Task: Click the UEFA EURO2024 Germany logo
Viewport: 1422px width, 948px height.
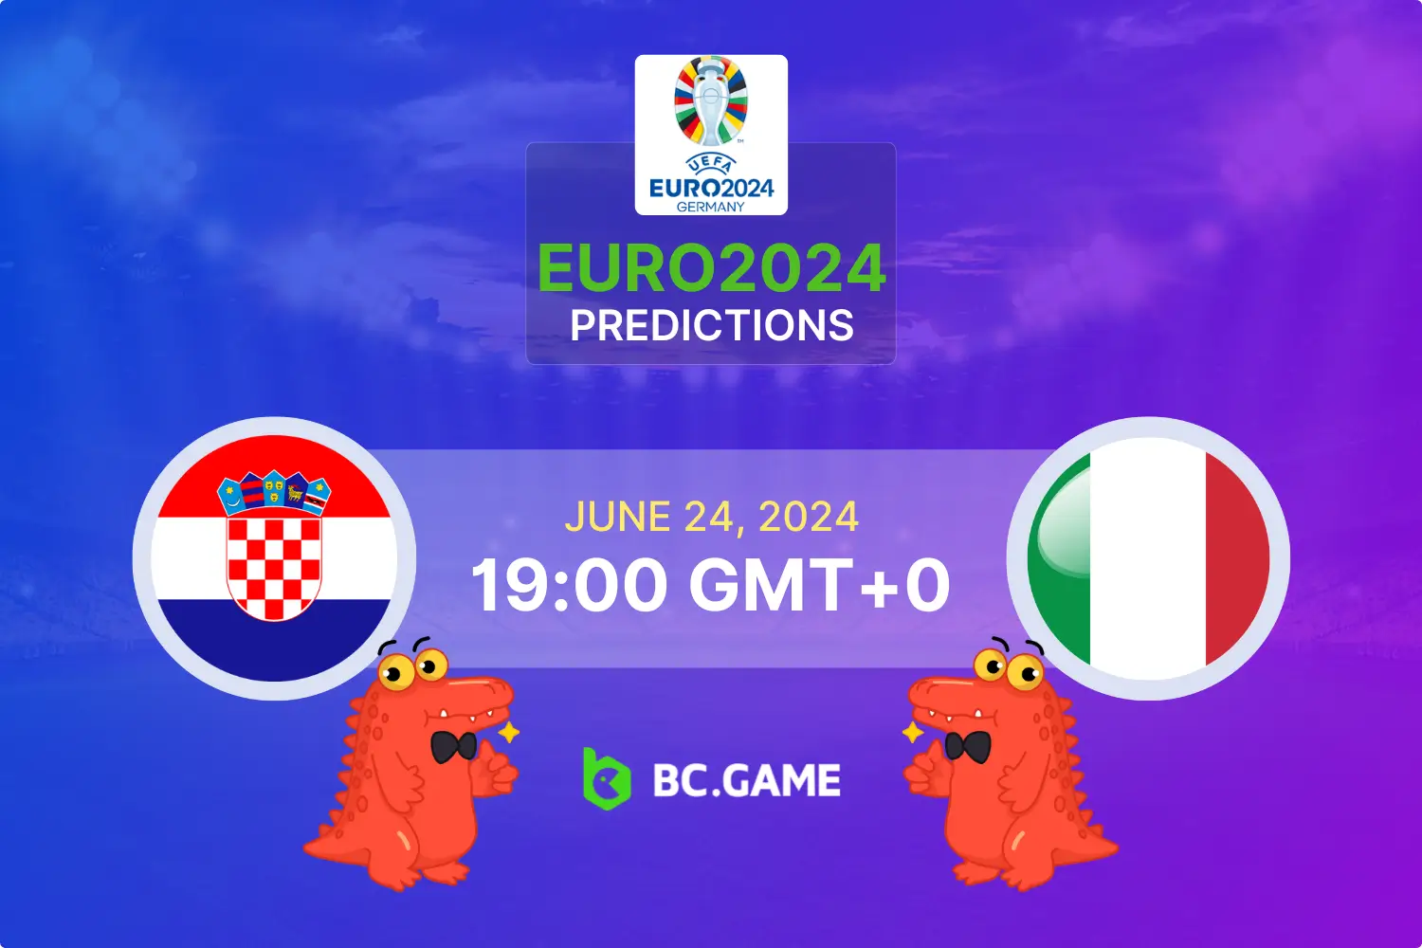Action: [x=711, y=135]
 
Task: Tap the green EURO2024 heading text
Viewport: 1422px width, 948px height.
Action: [x=711, y=269]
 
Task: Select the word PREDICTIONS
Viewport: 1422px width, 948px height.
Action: [x=711, y=326]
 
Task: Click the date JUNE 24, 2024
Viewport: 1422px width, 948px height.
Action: [x=711, y=518]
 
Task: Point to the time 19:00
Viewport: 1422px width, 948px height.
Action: [x=570, y=585]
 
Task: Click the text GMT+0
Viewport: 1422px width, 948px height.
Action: [x=819, y=585]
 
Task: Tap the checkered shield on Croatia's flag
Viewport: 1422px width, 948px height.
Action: [x=274, y=567]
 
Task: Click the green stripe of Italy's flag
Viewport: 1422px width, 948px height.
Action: [x=1059, y=559]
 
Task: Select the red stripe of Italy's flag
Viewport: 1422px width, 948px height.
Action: [x=1237, y=559]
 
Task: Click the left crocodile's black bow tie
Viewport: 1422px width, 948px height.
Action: [x=454, y=746]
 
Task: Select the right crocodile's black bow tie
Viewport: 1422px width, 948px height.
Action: [x=967, y=746]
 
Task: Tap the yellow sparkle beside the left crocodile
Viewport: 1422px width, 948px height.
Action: [x=509, y=732]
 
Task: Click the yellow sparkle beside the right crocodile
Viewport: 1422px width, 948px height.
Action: [x=912, y=732]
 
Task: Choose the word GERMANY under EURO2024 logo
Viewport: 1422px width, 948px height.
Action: [x=711, y=207]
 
